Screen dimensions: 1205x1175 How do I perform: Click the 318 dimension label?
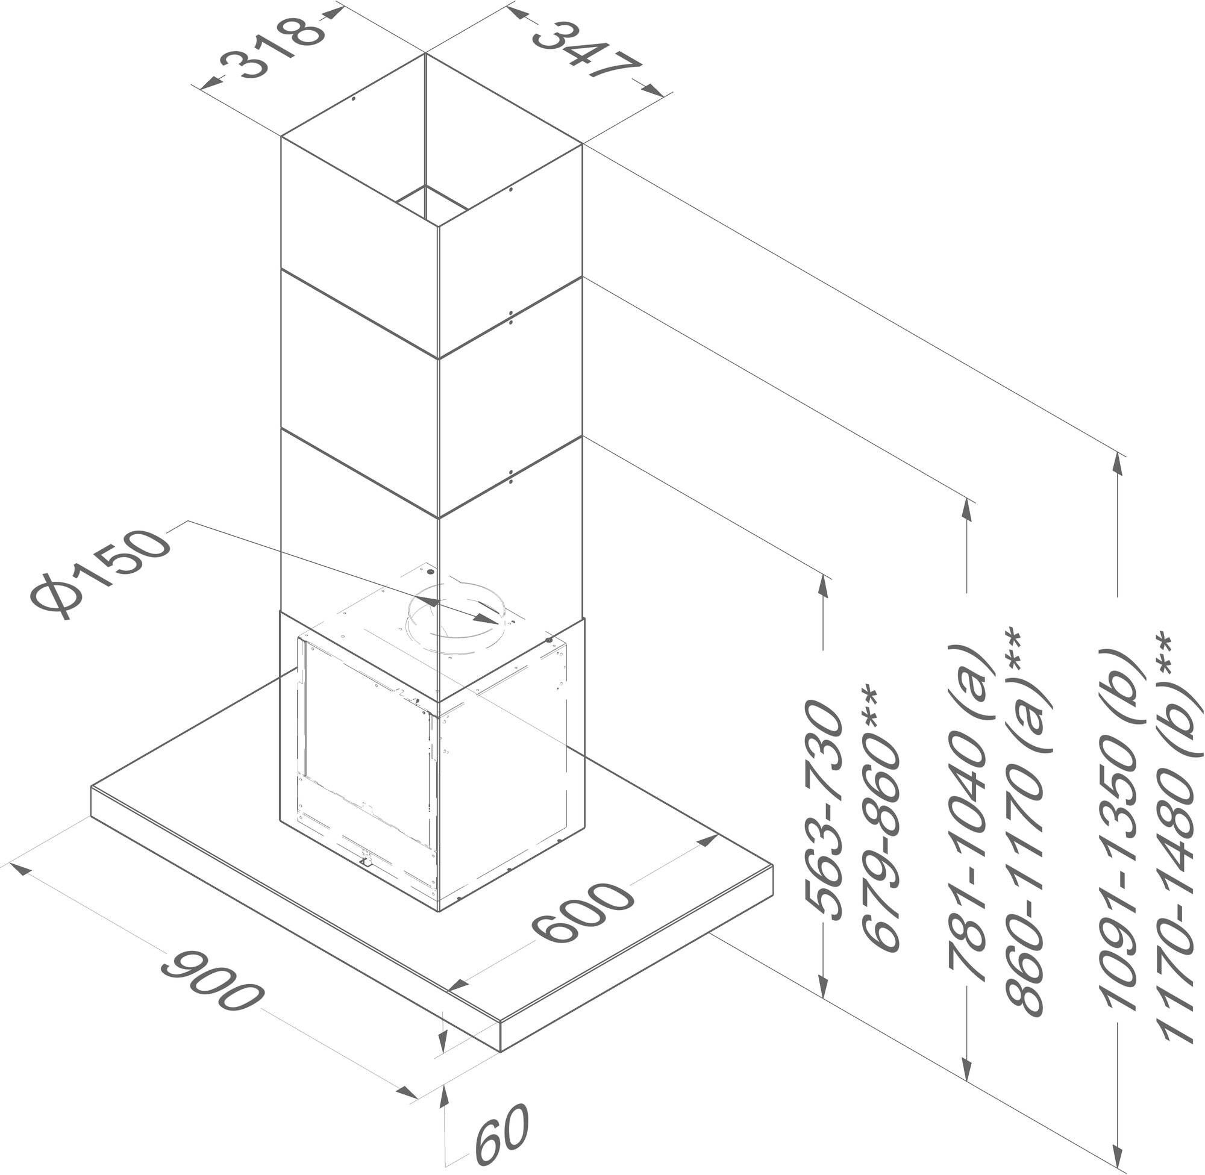272,49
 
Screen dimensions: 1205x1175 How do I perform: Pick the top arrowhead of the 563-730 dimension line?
823,585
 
